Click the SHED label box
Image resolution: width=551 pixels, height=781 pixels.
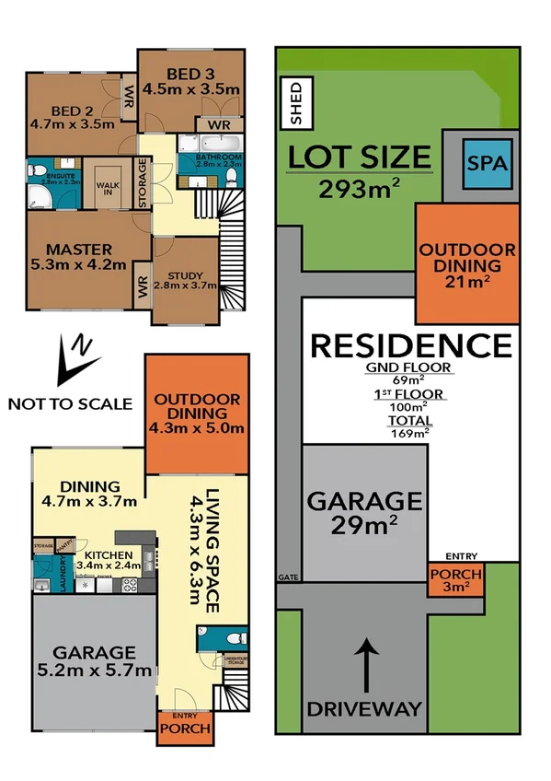click(x=296, y=101)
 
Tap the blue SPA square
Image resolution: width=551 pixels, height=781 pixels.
click(x=487, y=165)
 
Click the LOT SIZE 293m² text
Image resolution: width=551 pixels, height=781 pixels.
click(x=359, y=171)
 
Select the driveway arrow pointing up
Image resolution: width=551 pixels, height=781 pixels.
click(x=365, y=665)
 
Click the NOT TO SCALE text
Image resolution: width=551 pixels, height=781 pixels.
click(x=69, y=403)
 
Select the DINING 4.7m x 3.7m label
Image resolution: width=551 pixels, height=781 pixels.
click(x=90, y=494)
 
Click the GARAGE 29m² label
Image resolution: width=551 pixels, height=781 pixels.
click(x=364, y=512)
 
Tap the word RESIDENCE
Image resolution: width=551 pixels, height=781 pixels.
click(x=410, y=345)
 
